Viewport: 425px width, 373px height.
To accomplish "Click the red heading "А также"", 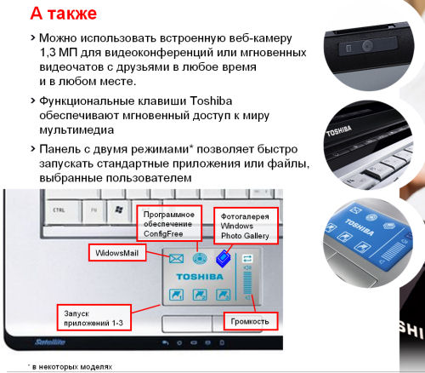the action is click(x=64, y=14).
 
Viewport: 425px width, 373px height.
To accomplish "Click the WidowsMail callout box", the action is click(x=117, y=253).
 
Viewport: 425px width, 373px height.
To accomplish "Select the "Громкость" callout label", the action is click(x=250, y=321).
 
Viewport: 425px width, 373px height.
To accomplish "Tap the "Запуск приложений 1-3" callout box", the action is click(x=94, y=318).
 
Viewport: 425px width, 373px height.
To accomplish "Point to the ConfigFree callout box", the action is click(x=169, y=224).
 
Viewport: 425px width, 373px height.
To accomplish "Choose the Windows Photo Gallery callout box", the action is click(x=246, y=226).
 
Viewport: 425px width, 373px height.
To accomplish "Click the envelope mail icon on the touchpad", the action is click(x=176, y=259).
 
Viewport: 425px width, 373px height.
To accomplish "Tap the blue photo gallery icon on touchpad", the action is click(x=224, y=259).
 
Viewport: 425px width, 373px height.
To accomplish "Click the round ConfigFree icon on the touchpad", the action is click(x=200, y=259).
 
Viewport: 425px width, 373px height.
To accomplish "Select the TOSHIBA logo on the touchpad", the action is click(x=200, y=277).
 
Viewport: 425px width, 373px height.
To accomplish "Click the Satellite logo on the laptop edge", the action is click(x=50, y=342).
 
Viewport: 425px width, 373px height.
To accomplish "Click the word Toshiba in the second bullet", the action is click(x=211, y=101).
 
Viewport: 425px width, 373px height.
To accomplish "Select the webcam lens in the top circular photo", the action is click(x=367, y=45).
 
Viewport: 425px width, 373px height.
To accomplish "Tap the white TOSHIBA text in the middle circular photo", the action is click(x=339, y=131).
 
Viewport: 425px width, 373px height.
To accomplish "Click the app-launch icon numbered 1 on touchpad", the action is click(x=176, y=295).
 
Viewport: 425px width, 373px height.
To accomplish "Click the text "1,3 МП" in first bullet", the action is click(x=58, y=53).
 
